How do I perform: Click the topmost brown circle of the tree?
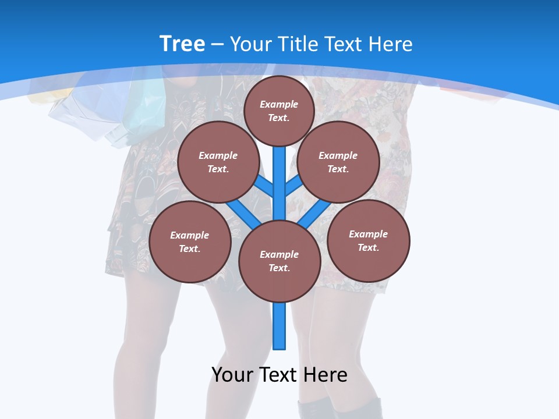tap(279, 111)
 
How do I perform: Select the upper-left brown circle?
tap(218, 162)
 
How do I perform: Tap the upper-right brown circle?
tap(338, 162)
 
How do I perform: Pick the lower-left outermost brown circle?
tap(190, 242)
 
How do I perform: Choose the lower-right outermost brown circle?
tap(368, 240)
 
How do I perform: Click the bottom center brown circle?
tap(279, 261)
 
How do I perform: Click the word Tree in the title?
tap(182, 44)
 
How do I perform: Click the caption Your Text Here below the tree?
tap(279, 374)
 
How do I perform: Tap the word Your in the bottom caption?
tap(232, 374)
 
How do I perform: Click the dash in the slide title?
tap(217, 44)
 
